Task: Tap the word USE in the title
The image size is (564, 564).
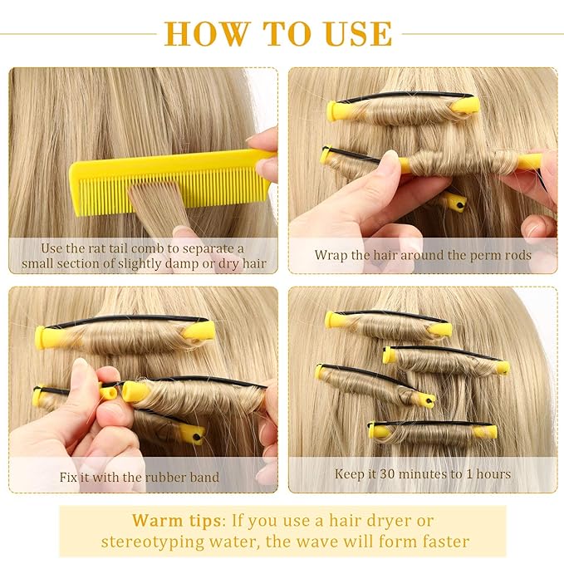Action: coord(352,32)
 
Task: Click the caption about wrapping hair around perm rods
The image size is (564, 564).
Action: coord(423,255)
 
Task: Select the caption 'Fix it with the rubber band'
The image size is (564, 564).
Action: coord(140,478)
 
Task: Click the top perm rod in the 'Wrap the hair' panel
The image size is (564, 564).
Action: coord(404,109)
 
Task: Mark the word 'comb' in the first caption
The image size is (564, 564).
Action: coord(169,248)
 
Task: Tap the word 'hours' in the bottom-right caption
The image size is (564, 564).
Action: coord(492,474)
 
